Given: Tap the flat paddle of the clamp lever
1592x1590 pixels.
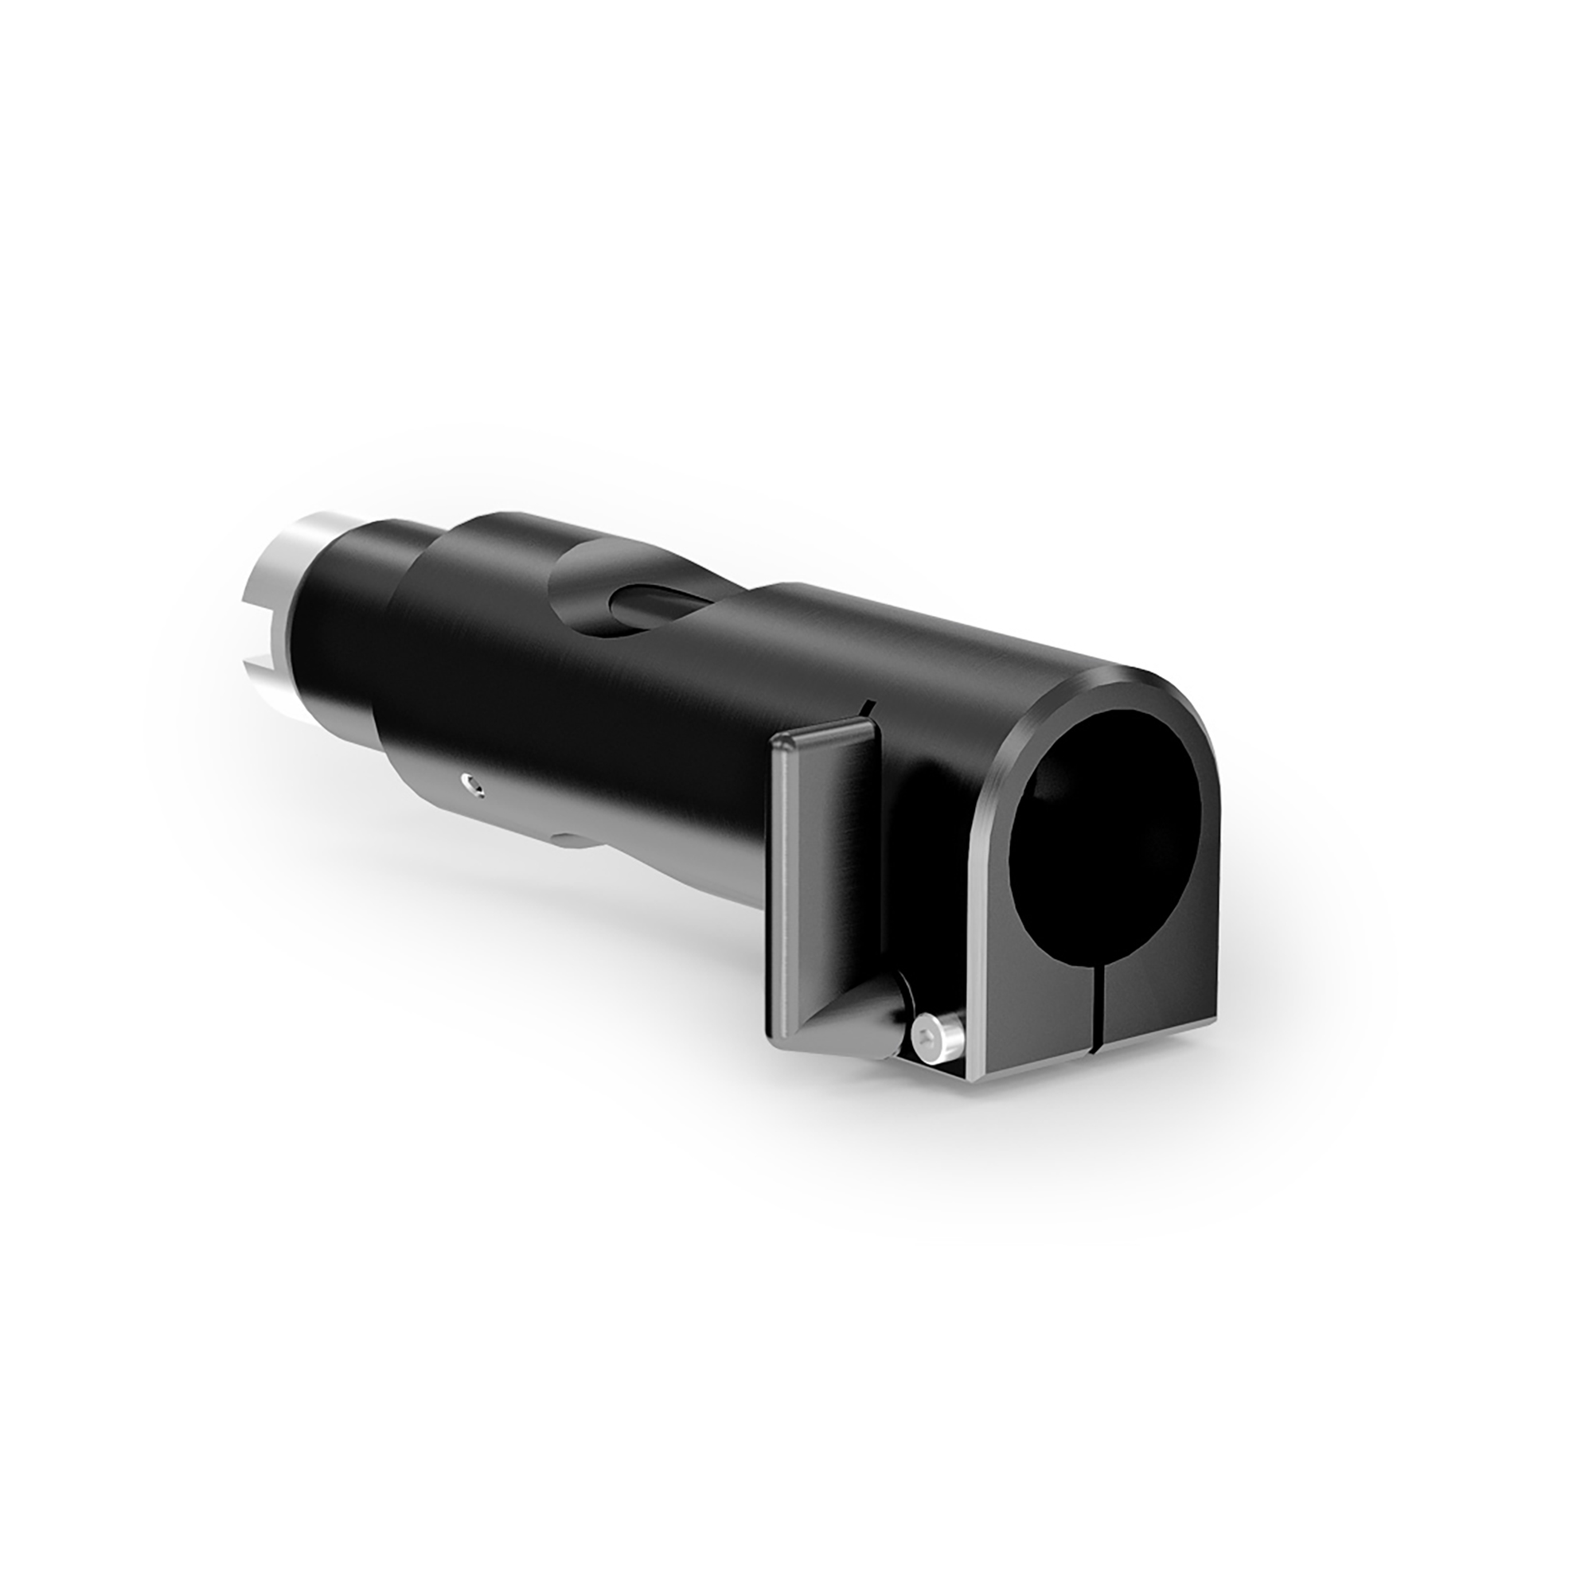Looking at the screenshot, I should click(824, 857).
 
